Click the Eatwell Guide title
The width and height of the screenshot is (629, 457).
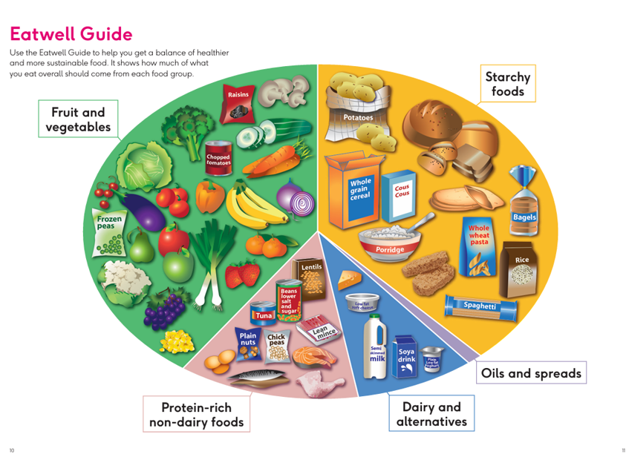[71, 34]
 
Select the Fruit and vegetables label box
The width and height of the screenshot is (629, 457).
[78, 119]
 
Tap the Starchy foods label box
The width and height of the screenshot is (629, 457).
[508, 84]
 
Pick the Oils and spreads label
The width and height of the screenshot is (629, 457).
[531, 372]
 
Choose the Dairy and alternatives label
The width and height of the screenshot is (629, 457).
[431, 414]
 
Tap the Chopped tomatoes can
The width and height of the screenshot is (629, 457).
[218, 159]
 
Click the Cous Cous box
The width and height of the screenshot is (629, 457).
[402, 195]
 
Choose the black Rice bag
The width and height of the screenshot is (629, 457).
[521, 266]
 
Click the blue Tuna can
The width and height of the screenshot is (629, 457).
[263, 313]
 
